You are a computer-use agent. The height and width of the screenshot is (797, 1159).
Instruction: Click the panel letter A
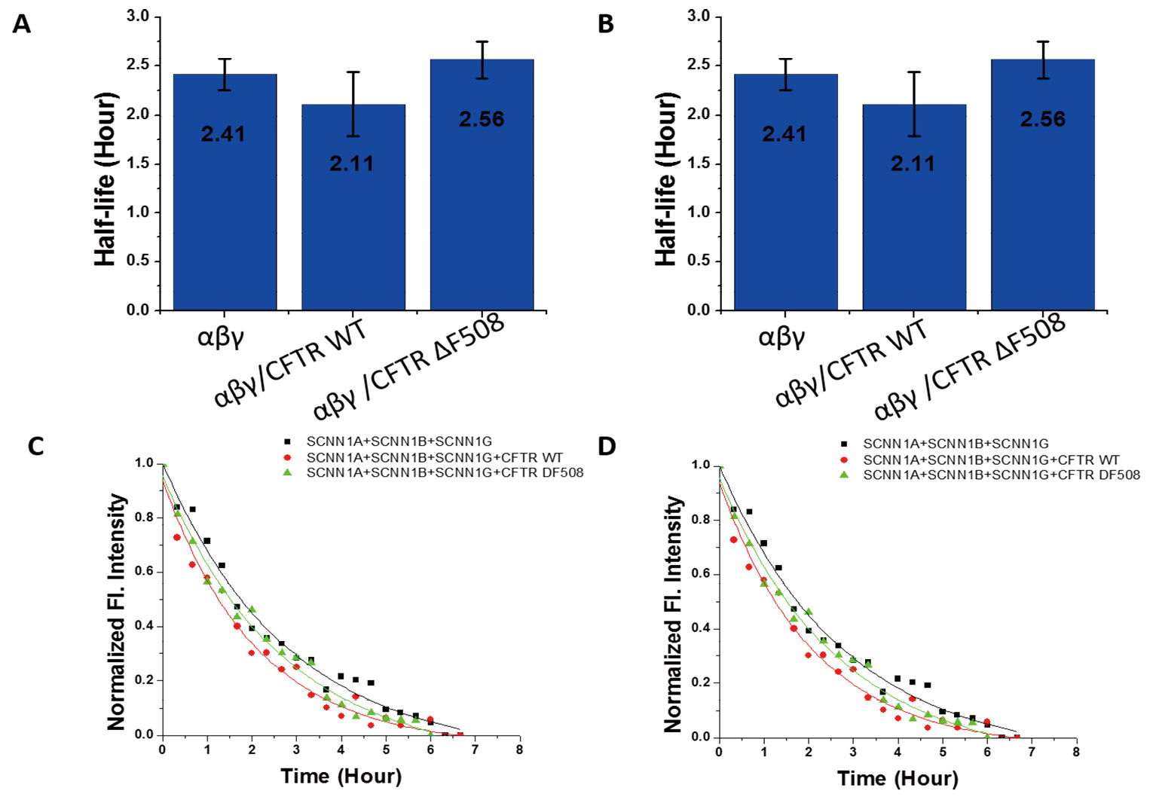click(x=22, y=24)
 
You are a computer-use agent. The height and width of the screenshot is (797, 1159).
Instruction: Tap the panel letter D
click(x=606, y=446)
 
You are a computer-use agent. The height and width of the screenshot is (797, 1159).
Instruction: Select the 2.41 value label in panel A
click(x=223, y=134)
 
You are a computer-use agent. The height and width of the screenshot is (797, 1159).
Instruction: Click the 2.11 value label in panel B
click(x=913, y=163)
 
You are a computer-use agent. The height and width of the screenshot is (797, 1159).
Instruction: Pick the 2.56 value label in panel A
click(x=482, y=119)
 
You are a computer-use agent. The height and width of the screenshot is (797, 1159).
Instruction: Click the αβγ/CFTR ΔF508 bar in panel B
click(x=1042, y=226)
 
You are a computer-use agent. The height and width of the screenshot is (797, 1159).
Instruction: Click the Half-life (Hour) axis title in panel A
click(x=106, y=179)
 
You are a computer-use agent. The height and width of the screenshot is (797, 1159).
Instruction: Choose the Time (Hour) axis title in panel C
click(x=341, y=776)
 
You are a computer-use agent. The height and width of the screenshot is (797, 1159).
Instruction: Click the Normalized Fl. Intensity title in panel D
click(x=673, y=614)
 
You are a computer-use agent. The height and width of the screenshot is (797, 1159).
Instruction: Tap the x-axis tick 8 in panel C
click(x=519, y=750)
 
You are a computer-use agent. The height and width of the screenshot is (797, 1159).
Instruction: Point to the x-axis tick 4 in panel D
click(x=898, y=752)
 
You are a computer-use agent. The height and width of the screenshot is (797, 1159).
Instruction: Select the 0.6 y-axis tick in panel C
click(x=143, y=572)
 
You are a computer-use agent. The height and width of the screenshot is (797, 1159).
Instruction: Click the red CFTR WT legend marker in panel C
click(x=287, y=457)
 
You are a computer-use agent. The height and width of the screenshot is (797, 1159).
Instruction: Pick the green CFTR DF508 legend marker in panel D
click(x=844, y=475)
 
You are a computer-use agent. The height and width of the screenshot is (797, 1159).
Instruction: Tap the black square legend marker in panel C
click(x=287, y=441)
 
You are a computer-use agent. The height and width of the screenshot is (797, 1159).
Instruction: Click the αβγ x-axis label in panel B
click(x=781, y=335)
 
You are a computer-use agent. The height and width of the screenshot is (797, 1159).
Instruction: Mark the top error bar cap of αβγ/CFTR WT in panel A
click(x=353, y=72)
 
